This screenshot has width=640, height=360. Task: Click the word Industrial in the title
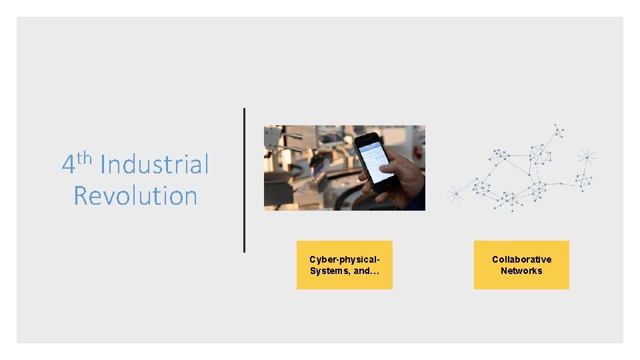[155, 165]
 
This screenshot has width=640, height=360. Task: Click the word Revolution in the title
[135, 196]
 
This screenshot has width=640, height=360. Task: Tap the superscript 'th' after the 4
[83, 158]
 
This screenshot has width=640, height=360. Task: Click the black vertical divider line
[244, 180]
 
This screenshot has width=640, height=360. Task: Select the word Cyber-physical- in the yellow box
[345, 259]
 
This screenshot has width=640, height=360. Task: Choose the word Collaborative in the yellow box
[521, 259]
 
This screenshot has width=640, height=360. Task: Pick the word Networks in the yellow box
[521, 271]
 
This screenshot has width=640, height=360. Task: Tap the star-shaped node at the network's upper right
[587, 157]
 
